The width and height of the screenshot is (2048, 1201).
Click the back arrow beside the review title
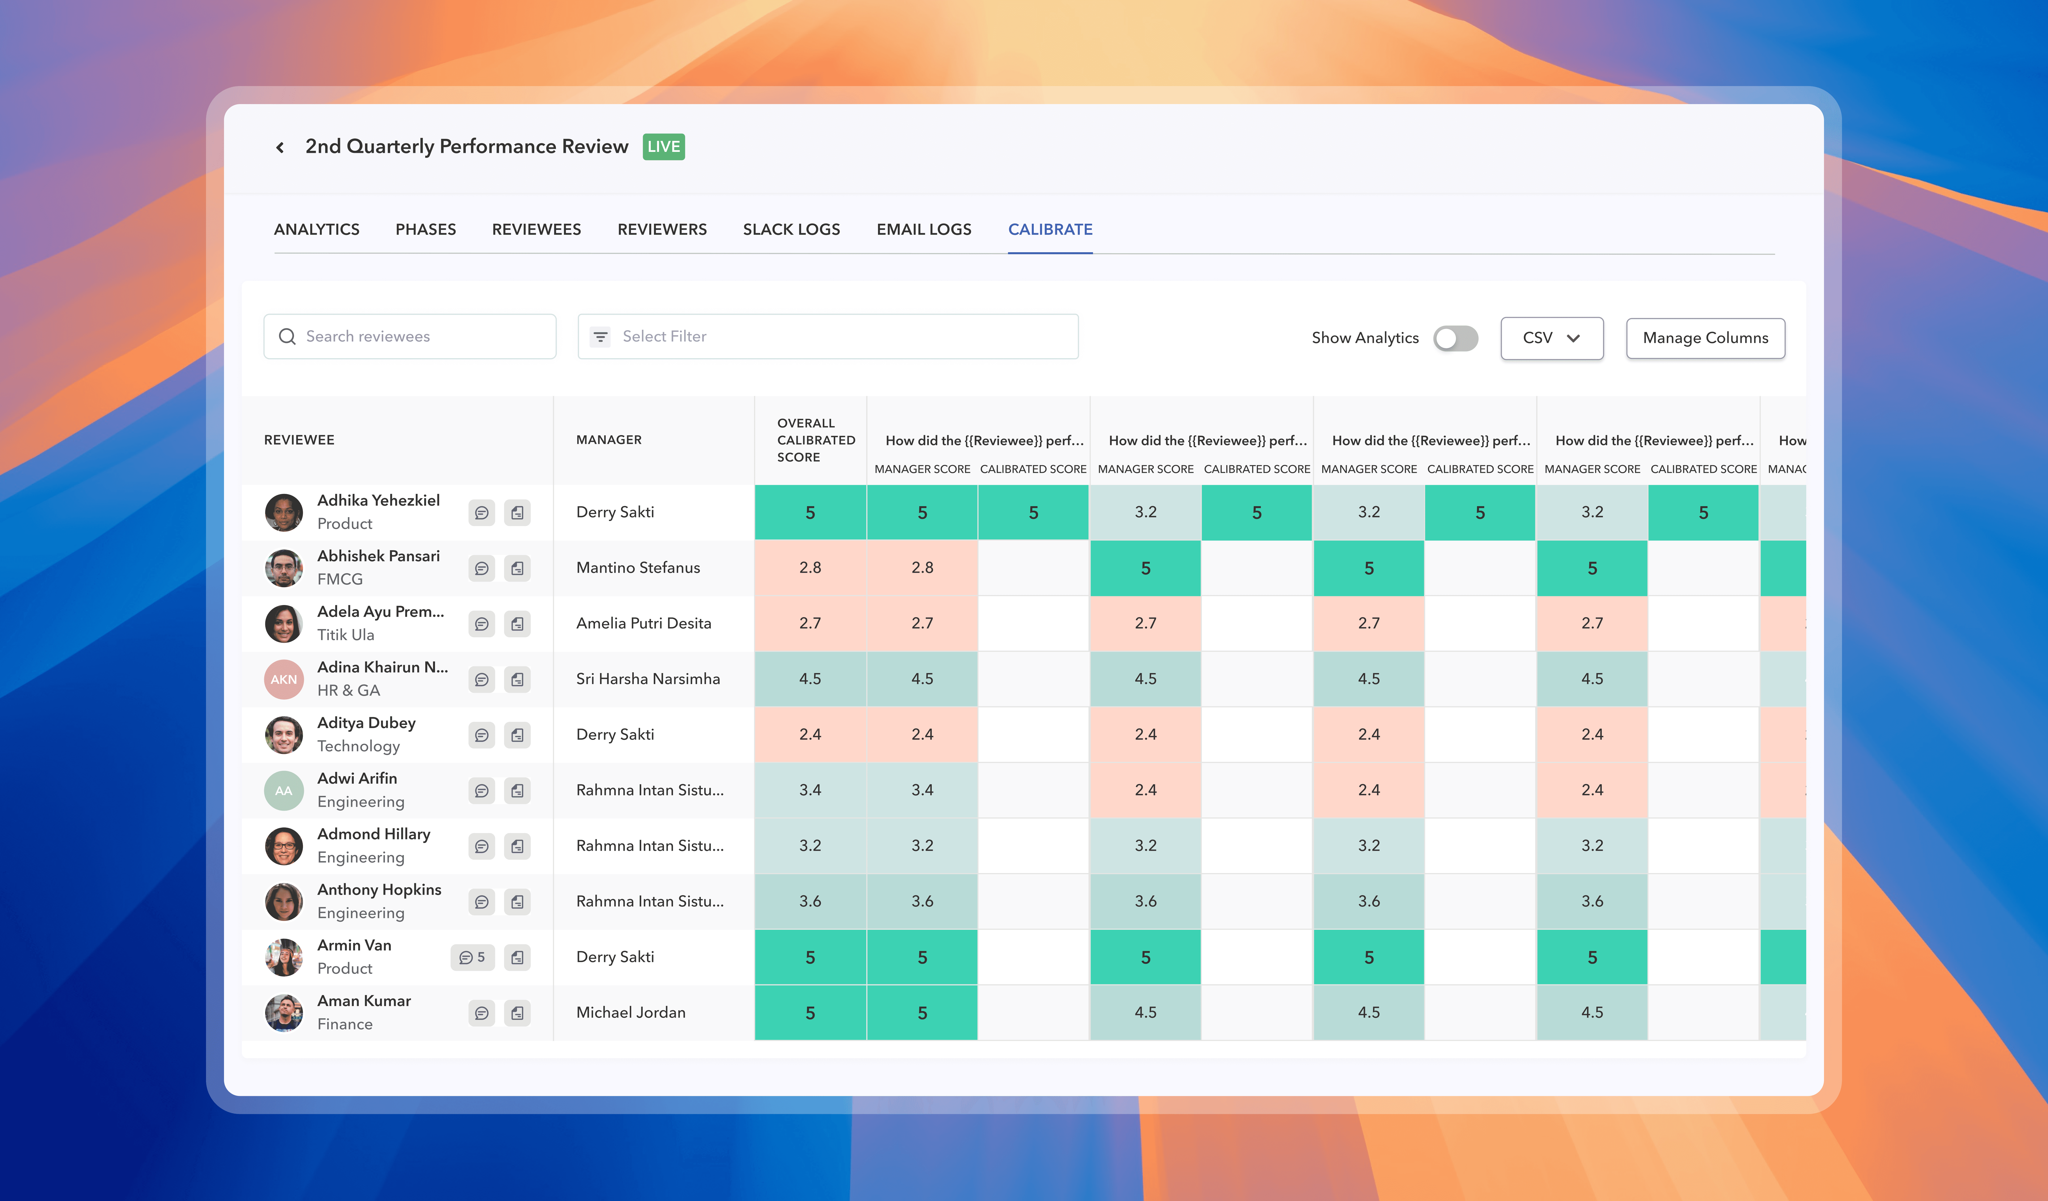[x=279, y=147]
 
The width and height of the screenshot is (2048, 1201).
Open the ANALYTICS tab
[x=316, y=229]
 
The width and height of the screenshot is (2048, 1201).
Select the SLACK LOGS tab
[x=791, y=229]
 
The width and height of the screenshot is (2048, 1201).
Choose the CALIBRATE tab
[x=1050, y=229]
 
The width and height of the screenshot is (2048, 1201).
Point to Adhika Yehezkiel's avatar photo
[x=284, y=512]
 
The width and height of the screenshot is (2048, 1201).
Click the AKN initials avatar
[x=284, y=679]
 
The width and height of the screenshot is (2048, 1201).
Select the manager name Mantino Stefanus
[x=638, y=567]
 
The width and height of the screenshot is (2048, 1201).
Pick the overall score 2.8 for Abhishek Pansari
[x=810, y=567]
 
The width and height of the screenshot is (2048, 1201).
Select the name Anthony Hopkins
[x=379, y=889]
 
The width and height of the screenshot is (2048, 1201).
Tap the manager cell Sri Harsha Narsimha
[x=648, y=679]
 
